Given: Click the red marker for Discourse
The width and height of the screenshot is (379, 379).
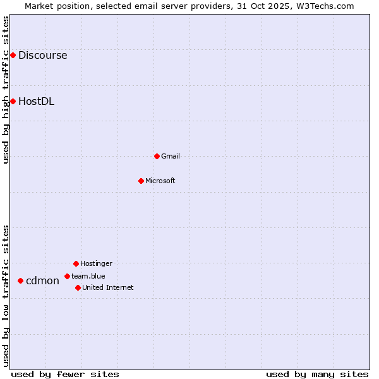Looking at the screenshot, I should pos(13,56).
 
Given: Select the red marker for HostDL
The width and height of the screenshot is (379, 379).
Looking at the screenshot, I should pos(13,101).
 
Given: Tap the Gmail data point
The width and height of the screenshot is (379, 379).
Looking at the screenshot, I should pos(157,156).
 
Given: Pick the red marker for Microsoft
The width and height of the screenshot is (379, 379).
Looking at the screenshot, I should pos(141,181).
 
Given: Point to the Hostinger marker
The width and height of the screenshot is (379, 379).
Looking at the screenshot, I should pos(76,263).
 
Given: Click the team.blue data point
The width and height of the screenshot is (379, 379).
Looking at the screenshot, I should pos(67,276).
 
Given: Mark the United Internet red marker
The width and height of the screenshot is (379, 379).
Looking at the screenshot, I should pos(78,287).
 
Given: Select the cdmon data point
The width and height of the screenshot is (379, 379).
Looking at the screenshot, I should pos(20,280).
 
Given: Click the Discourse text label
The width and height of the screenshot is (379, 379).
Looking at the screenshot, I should pos(42,56).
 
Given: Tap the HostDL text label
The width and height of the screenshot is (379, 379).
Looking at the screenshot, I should pos(36,101).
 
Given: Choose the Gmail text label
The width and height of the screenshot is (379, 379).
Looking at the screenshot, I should pos(171,156).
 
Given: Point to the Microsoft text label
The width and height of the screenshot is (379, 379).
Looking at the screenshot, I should pos(160,181).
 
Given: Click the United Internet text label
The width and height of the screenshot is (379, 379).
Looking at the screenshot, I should pos(108,287).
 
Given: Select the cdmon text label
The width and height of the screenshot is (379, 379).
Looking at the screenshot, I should pos(42,280).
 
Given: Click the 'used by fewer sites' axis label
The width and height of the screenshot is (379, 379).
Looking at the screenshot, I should pos(65,374).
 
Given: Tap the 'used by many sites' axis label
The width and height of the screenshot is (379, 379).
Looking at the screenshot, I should pos(317,374).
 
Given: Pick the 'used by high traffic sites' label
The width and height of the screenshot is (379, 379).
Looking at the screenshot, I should pos(6,90).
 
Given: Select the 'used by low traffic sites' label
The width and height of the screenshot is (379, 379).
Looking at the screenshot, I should pos(6,296).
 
